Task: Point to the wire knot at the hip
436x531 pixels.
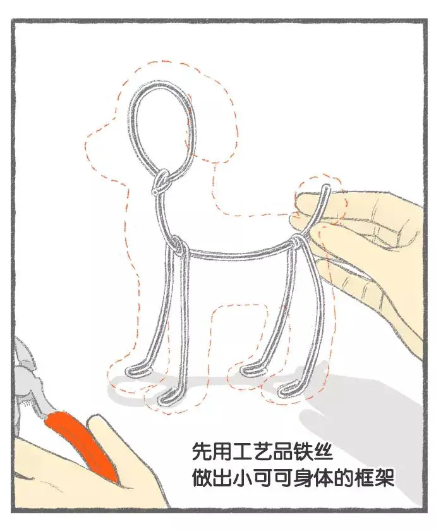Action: (296, 241)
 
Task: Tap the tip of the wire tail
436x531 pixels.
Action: (327, 186)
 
